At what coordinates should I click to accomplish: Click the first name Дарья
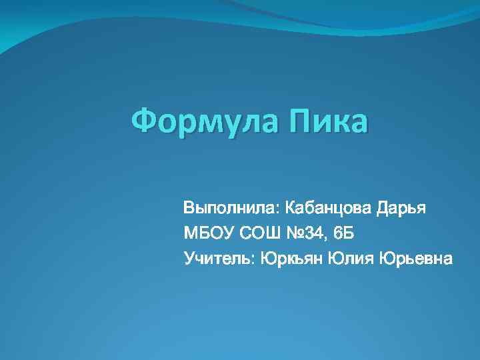click(401, 208)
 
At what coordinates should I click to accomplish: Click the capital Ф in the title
click(143, 122)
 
